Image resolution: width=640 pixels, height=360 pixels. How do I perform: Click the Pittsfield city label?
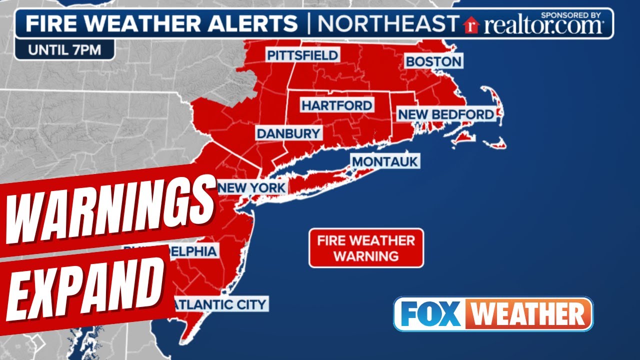303,55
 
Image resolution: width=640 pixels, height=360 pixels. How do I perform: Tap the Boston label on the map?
433,61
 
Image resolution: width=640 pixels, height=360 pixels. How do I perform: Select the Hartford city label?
336,105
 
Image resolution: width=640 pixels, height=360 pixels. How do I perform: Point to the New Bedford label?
446,114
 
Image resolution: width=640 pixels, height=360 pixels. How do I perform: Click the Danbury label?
288,133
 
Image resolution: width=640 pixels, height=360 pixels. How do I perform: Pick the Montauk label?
384,161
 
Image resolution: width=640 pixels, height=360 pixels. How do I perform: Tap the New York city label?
252,188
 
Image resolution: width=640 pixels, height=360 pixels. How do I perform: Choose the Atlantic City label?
220,303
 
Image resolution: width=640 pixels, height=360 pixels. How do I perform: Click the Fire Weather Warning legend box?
366,248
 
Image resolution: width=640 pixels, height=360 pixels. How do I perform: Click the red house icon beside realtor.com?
470,25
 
